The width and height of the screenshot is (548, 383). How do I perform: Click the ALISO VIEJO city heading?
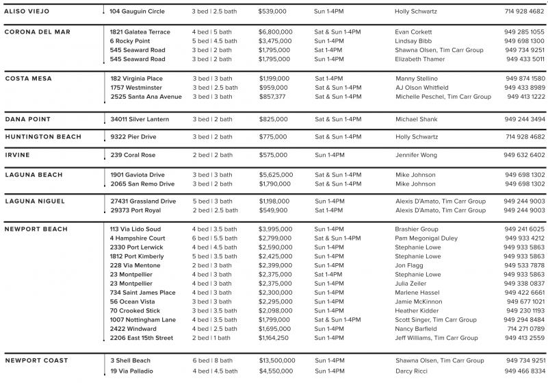(x=32, y=12)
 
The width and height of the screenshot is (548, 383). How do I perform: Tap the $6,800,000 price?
(x=276, y=32)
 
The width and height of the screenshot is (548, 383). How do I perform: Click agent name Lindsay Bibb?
(x=415, y=41)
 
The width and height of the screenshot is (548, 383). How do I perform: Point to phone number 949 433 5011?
(x=525, y=60)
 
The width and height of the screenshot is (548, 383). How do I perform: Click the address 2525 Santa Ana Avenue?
(x=146, y=97)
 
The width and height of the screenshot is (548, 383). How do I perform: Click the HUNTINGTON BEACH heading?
(x=42, y=137)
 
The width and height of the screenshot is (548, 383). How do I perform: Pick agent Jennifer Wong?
(x=415, y=156)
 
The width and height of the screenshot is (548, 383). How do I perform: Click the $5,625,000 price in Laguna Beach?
(x=276, y=175)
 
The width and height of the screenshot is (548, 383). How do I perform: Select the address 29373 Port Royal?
(x=140, y=211)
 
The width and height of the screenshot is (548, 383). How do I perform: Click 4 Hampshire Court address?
(x=138, y=238)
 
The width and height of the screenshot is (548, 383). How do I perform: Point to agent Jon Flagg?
(x=410, y=265)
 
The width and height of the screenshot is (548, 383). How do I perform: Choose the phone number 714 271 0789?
(x=525, y=329)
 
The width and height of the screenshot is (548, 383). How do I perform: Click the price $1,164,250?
(x=274, y=338)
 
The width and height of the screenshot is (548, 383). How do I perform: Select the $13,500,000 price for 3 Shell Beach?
(x=277, y=361)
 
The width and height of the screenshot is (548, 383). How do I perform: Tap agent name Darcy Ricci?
(x=411, y=371)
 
